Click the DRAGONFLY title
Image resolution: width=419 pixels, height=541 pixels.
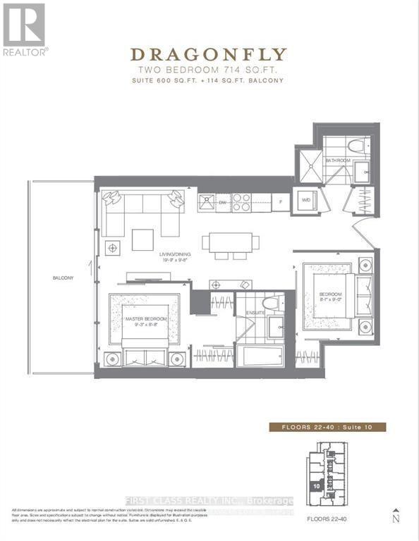click(209, 55)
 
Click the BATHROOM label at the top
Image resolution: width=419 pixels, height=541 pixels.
click(338, 161)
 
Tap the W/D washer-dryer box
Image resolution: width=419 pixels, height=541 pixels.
click(307, 200)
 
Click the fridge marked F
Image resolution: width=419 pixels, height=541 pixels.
click(281, 202)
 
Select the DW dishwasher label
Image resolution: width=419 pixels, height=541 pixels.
click(221, 203)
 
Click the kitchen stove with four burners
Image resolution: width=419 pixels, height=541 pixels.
click(242, 202)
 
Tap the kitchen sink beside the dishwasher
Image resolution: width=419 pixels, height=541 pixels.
click(207, 203)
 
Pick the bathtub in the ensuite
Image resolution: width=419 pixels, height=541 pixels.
click(259, 355)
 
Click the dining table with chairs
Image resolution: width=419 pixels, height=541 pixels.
click(227, 242)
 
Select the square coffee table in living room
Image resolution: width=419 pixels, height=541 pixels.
click(142, 240)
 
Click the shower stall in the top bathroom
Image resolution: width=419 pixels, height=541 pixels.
click(308, 161)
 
